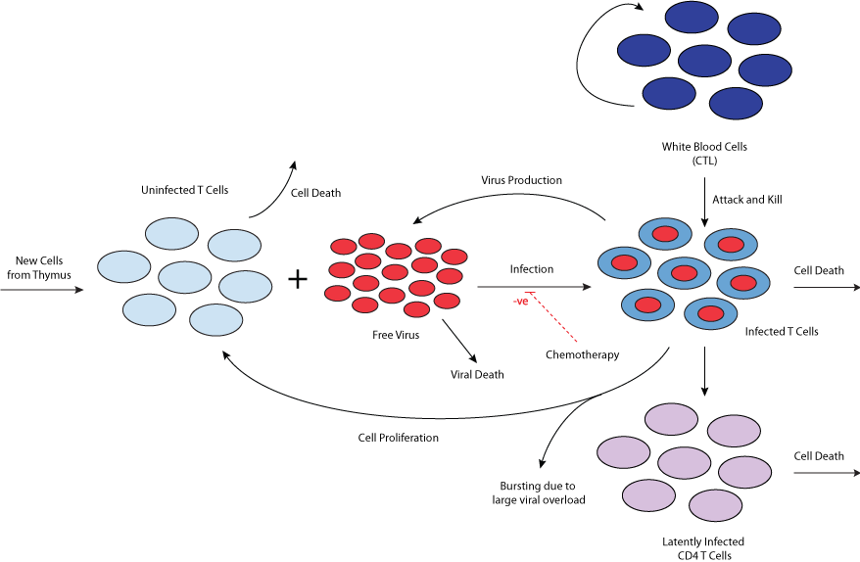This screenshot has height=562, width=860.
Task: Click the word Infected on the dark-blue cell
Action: (x=764, y=332)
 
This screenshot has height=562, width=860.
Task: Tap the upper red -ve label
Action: (x=520, y=302)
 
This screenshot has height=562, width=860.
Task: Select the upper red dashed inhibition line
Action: (x=553, y=318)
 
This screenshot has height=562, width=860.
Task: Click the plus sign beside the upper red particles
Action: (x=297, y=280)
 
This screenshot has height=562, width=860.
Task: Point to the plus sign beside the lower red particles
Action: (x=297, y=535)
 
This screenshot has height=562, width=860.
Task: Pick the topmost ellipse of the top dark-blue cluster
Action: (x=692, y=17)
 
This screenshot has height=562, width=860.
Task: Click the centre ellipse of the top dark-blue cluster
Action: (x=704, y=61)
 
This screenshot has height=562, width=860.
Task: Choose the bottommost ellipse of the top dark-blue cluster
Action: (x=736, y=104)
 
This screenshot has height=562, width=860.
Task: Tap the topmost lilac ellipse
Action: (x=671, y=419)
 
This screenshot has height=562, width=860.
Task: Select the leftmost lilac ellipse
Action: (x=624, y=452)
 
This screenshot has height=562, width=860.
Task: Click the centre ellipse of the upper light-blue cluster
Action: (x=185, y=277)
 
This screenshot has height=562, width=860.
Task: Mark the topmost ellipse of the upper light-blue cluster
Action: (x=172, y=234)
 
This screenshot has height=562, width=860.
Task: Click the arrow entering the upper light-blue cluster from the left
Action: (x=44, y=290)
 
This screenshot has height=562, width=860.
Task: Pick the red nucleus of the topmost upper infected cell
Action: (x=665, y=234)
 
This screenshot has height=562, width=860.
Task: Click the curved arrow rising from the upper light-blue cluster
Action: (x=277, y=191)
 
